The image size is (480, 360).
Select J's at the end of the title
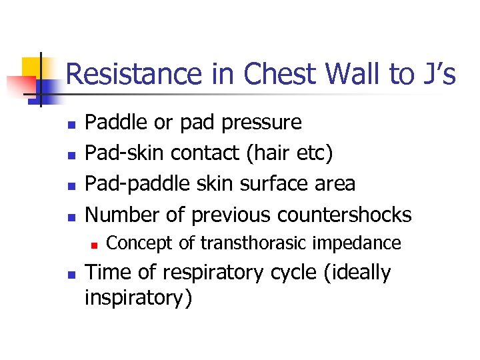(438, 75)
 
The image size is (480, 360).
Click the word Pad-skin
(125, 153)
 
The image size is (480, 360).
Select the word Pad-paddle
(139, 184)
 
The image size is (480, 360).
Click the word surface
(259, 184)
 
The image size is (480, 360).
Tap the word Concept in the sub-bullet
(139, 244)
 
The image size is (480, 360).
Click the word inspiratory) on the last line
(137, 298)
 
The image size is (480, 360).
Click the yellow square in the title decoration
(34, 69)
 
